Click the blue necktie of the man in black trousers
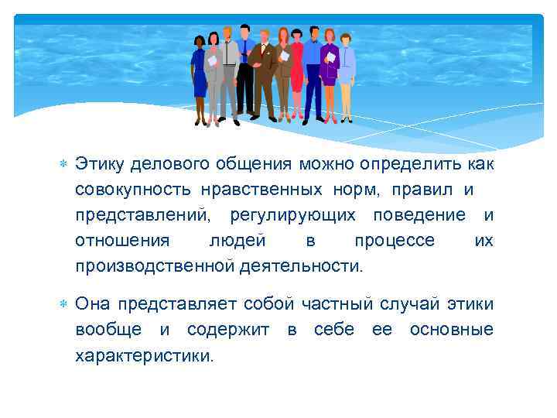coord(244,50)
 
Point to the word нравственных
coord(258,190)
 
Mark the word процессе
coord(395,241)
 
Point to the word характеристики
coord(142,355)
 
